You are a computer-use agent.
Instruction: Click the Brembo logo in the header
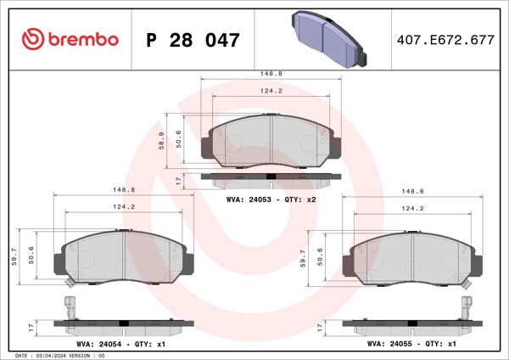(68, 39)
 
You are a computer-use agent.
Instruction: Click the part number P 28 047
(193, 40)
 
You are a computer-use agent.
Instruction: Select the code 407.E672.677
(445, 40)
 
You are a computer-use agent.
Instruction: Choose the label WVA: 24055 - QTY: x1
(412, 344)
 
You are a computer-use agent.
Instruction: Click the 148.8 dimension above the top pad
(270, 74)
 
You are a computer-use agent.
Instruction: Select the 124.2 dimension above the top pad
(270, 91)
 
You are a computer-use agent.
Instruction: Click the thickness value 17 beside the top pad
(177, 181)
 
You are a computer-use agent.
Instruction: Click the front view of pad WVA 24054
(124, 259)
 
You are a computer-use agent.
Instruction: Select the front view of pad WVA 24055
(411, 259)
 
